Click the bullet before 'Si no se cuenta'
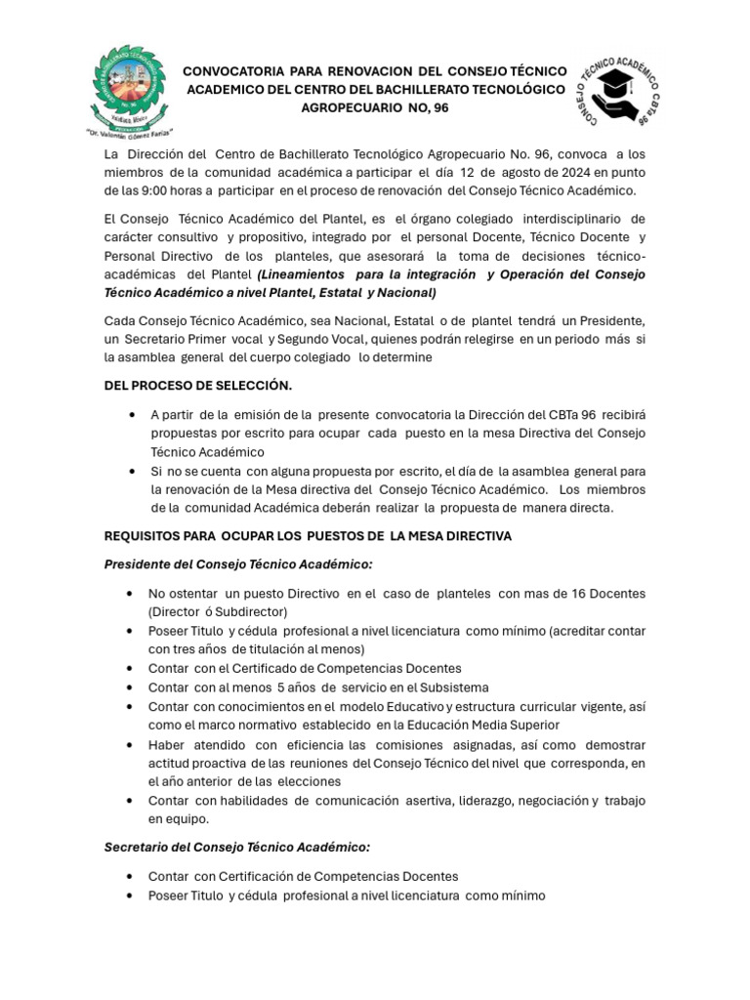[x=131, y=471]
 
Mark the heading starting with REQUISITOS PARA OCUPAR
[x=308, y=536]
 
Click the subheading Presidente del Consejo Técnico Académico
[x=238, y=564]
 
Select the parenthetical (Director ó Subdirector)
[x=218, y=611]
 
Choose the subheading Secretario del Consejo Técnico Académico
[x=237, y=848]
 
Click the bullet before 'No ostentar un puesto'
[x=131, y=594]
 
